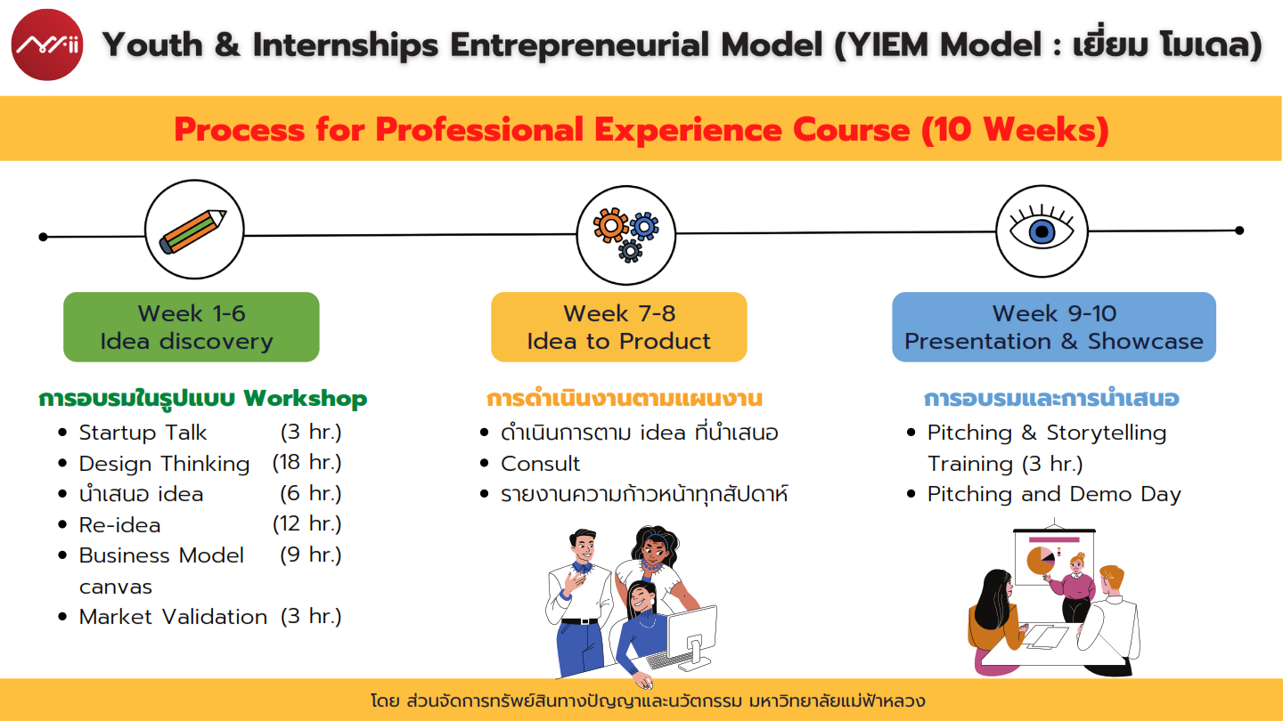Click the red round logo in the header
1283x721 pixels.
coord(47,45)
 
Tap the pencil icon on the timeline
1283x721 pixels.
coord(193,231)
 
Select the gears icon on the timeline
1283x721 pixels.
coord(626,234)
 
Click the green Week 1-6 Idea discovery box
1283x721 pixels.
coord(192,327)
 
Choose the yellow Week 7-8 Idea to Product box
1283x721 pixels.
coord(618,327)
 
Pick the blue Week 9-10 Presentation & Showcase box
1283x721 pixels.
coord(1054,327)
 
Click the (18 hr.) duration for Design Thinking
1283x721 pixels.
coord(307,462)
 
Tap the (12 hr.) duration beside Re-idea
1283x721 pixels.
coord(307,523)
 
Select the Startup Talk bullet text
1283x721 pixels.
coord(143,433)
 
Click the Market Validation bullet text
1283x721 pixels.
coord(173,617)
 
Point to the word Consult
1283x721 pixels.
coord(540,464)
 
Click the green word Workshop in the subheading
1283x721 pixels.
coord(306,398)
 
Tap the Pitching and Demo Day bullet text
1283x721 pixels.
coord(1054,494)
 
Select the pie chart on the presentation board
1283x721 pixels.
coord(1040,560)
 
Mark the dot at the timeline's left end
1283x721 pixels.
coord(43,237)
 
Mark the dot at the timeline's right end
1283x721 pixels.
coord(1239,231)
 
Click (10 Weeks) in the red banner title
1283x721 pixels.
coord(1015,129)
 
